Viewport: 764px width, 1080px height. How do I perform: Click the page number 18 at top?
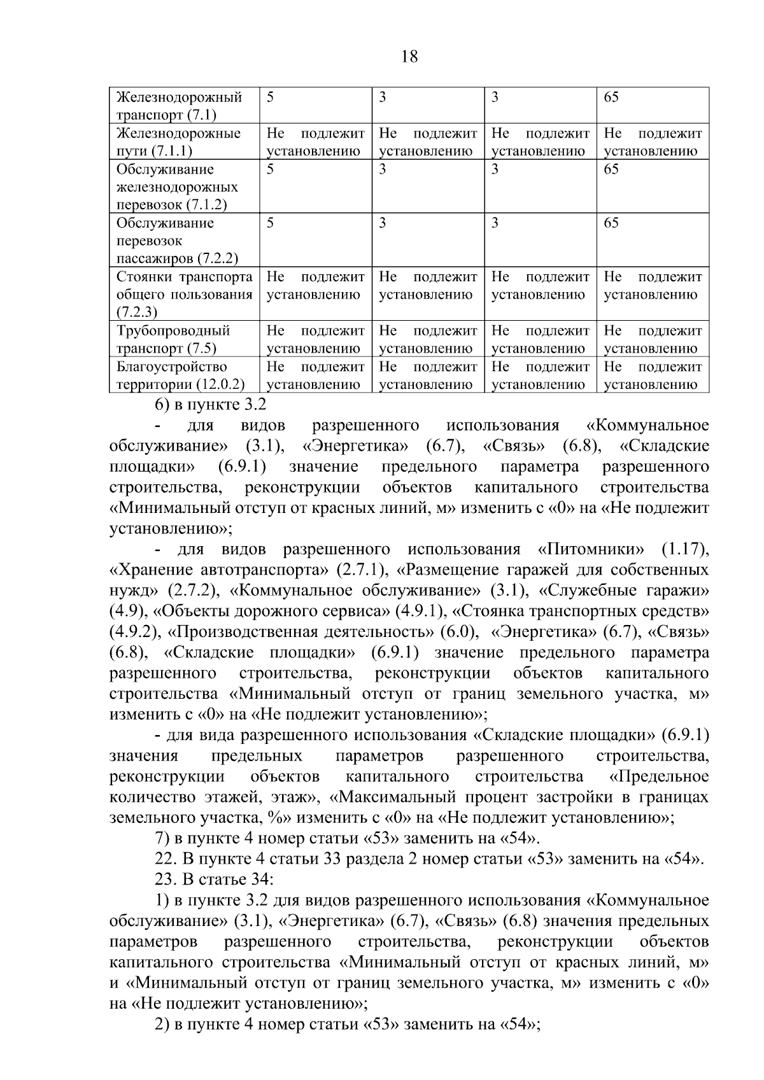click(410, 57)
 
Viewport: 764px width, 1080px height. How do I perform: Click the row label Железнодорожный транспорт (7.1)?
click(179, 106)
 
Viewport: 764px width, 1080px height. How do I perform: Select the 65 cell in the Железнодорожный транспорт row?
click(611, 97)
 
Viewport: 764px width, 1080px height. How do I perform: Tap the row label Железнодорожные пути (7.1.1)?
click(178, 142)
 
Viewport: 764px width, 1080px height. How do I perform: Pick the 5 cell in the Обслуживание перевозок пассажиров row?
click(271, 223)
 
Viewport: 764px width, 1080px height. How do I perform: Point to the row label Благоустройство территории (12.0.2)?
click(180, 375)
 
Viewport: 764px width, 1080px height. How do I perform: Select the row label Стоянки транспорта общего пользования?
click(184, 294)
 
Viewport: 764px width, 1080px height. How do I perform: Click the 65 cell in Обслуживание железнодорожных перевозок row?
click(611, 169)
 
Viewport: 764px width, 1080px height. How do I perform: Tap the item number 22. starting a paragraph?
click(167, 859)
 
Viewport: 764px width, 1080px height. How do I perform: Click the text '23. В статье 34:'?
click(215, 880)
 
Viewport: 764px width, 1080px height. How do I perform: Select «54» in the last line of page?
click(519, 1025)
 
